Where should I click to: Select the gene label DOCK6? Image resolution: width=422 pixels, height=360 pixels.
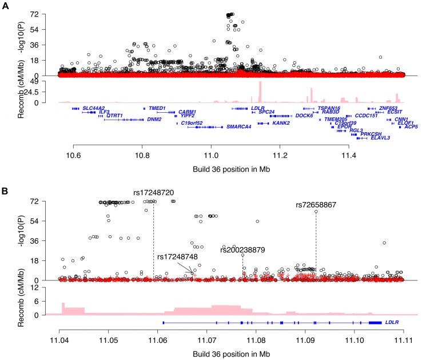304,116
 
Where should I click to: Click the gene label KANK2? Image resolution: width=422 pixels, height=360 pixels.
281,123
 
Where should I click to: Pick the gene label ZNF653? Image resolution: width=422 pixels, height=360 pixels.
389,108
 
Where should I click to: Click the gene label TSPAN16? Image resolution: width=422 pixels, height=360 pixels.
329,108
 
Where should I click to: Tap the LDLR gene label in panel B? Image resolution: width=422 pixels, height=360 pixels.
392,322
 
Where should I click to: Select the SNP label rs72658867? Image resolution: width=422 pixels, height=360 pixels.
316,205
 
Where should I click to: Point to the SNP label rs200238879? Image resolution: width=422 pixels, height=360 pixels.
243,250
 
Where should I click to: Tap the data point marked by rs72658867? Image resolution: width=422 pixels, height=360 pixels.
316,212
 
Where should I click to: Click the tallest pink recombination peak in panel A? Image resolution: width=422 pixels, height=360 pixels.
260,92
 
